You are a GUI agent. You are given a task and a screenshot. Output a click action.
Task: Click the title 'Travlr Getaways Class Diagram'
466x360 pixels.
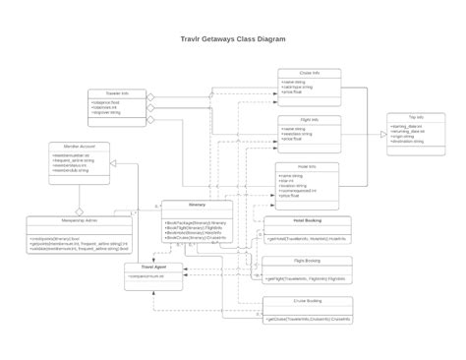pos(233,40)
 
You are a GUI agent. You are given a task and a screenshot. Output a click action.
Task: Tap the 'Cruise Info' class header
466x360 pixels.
pos(308,73)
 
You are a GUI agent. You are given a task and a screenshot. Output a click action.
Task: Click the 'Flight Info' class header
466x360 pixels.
pos(308,119)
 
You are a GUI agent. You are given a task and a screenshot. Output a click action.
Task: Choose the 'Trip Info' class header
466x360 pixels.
pos(417,116)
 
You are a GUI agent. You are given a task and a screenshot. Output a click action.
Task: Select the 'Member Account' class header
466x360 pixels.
pos(79,146)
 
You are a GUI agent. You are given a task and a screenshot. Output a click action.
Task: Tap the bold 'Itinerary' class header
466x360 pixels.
pos(197,206)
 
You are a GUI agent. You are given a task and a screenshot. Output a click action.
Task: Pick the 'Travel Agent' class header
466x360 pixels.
pos(153,267)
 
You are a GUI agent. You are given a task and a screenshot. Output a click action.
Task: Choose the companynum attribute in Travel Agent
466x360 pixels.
pos(147,277)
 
